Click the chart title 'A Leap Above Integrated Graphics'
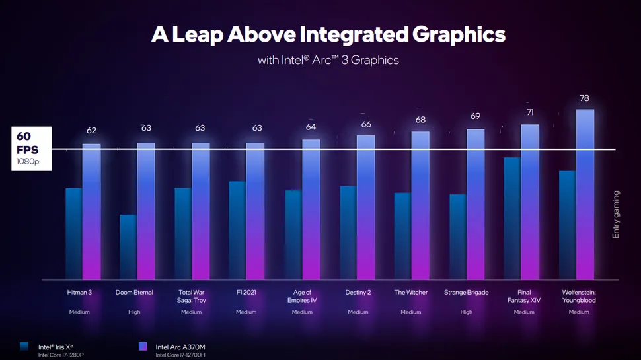point(328,34)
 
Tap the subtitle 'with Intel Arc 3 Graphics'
point(328,60)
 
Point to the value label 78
point(584,98)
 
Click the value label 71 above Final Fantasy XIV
point(529,113)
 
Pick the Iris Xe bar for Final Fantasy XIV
point(511,218)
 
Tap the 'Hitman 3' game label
point(80,292)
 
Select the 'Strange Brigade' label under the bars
point(467,292)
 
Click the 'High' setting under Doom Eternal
point(134,312)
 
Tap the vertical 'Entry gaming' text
point(616,214)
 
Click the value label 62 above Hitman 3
point(91,131)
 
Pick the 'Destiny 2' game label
point(358,292)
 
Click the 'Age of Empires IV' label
point(302,296)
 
